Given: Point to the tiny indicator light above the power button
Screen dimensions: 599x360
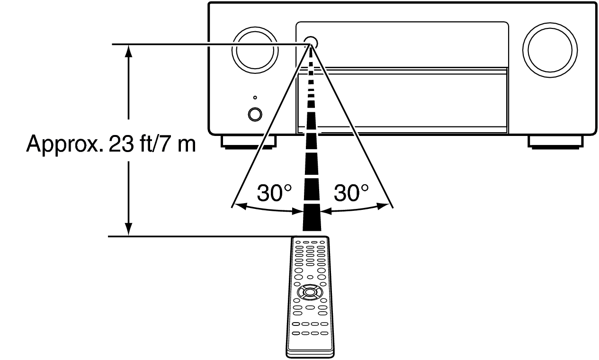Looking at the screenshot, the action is pyautogui.click(x=255, y=98).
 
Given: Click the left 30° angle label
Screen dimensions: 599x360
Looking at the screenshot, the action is pyautogui.click(x=274, y=193).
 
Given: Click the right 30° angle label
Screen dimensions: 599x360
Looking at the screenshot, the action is pyautogui.click(x=351, y=193).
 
